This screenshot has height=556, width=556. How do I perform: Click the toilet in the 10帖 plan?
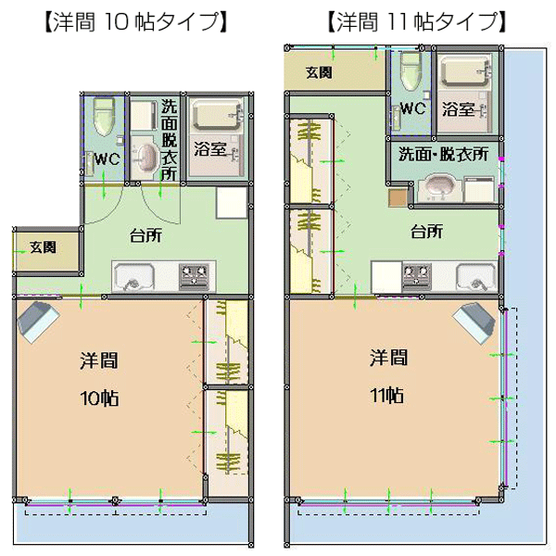coord(104,117)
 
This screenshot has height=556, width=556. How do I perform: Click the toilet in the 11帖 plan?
coord(411,71)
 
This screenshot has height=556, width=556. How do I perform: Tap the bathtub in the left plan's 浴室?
coord(215,115)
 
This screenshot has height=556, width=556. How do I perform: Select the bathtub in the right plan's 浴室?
coord(463,71)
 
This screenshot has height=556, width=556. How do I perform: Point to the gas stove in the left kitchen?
coord(194,275)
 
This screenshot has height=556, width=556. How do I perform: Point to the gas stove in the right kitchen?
coord(417,275)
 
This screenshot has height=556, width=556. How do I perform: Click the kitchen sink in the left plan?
coord(134,277)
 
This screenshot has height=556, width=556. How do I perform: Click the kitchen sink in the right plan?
coord(476,277)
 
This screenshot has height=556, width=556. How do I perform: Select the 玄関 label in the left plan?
coord(43,247)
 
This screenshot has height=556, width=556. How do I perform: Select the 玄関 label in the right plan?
coord(319,72)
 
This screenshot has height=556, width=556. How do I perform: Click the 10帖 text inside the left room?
coord(99,398)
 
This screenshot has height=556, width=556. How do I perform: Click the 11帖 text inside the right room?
coord(386,395)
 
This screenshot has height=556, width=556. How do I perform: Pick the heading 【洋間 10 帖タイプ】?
coord(135,22)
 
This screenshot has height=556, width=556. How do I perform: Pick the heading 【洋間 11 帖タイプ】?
coord(415,22)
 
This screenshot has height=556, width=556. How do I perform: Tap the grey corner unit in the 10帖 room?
coord(38,322)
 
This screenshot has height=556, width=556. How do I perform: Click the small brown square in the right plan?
coord(398,198)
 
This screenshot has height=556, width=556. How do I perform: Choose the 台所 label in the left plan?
coord(145,235)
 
